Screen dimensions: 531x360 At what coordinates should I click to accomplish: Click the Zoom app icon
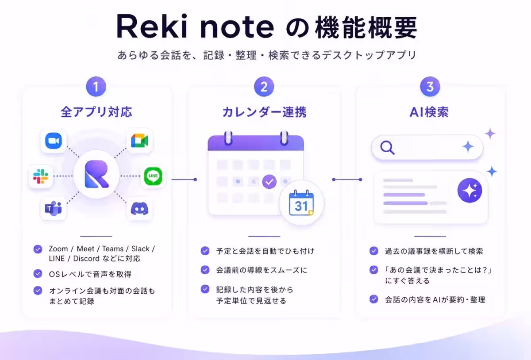[x=54, y=141]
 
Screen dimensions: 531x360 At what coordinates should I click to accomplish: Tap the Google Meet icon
[x=140, y=141]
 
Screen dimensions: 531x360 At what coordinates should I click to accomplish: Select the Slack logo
[x=41, y=176]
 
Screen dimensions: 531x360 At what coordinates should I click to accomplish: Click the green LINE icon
[x=153, y=176]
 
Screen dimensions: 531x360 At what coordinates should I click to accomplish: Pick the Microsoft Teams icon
[x=53, y=208]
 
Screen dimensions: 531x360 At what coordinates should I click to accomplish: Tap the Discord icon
[x=139, y=209]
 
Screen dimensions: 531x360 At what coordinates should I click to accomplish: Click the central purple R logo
[x=96, y=174]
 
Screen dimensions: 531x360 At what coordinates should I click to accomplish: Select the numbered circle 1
[x=96, y=87]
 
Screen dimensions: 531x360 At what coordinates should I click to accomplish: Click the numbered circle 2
[x=264, y=87]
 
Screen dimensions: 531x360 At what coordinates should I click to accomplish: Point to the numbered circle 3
[x=430, y=87]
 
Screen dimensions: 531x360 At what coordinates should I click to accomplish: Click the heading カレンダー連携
[x=264, y=112]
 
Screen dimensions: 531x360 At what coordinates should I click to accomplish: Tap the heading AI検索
[x=429, y=112]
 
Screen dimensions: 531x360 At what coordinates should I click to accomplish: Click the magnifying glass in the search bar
[x=387, y=148]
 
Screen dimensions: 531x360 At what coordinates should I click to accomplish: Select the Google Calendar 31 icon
[x=301, y=203]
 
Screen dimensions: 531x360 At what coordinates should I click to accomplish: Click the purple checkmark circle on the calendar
[x=269, y=182]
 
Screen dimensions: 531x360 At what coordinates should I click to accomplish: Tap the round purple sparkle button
[x=469, y=191]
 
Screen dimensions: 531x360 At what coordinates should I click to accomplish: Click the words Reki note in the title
[x=195, y=26]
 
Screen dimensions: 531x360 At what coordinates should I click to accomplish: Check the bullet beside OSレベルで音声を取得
[x=38, y=274]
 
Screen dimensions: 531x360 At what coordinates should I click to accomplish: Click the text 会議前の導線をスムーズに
[x=262, y=270]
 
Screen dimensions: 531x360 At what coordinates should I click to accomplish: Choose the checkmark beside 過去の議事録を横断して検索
[x=374, y=251]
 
